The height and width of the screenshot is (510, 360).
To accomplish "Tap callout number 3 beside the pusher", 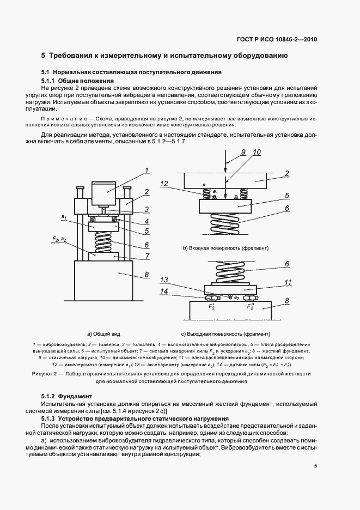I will point(147,209).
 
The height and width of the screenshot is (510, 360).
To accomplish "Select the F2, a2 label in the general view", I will point(60,239).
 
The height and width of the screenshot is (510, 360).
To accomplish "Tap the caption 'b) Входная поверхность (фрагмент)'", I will point(226,248).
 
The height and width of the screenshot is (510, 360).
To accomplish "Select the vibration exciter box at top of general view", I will point(107,193).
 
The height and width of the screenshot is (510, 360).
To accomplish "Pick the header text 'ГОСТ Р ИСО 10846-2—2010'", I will point(278,39).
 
